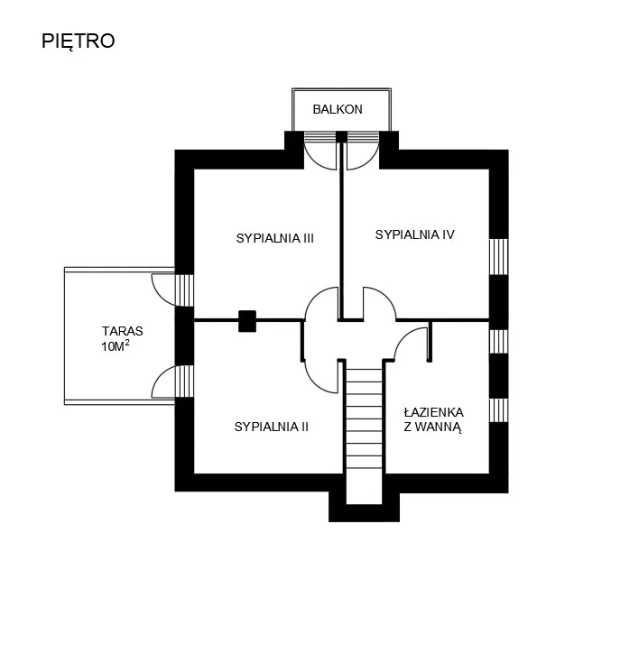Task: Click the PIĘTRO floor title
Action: [x=79, y=41]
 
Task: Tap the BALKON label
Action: [x=338, y=109]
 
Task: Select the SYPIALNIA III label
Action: [x=274, y=238]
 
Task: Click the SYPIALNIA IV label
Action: [x=414, y=234]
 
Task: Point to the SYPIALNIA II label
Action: [x=272, y=427]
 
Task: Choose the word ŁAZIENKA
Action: [x=433, y=412]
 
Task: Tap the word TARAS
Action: [x=122, y=331]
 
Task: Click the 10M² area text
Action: [x=115, y=346]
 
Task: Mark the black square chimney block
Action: [x=247, y=321]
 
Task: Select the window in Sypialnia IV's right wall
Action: [x=499, y=257]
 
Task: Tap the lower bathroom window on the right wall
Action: [x=499, y=410]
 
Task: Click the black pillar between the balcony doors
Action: [x=341, y=136]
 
